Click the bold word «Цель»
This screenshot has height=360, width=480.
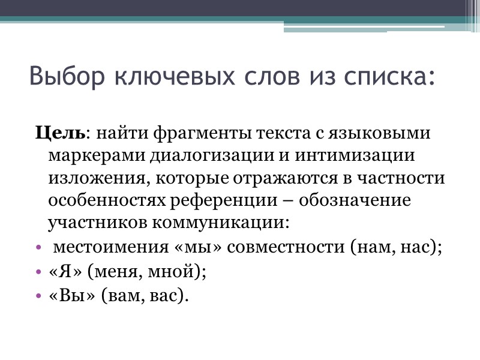[61, 132]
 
